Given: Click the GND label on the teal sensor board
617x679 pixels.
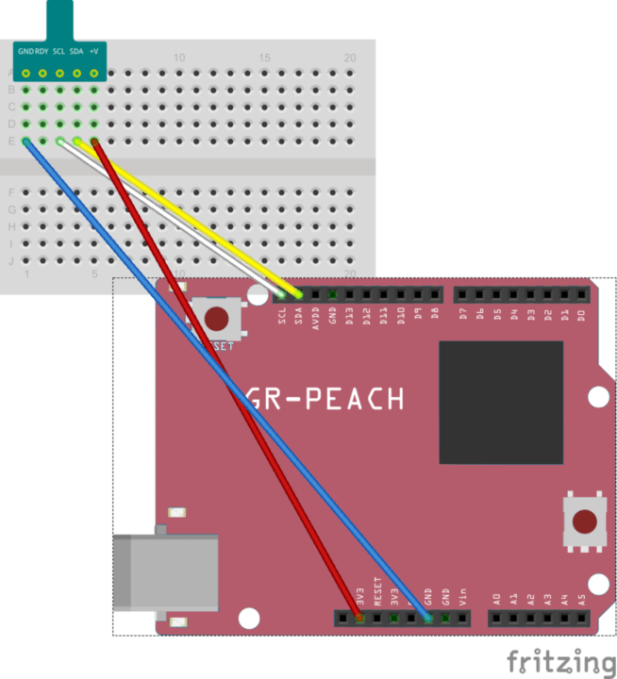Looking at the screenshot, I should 25,50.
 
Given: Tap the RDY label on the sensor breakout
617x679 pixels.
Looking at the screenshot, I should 42,50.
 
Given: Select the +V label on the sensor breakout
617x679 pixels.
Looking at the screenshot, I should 94,50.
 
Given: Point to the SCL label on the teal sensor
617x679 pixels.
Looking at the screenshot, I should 58,50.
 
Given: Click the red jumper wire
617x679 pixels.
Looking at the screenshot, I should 226,377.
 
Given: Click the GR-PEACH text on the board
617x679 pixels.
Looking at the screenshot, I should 325,399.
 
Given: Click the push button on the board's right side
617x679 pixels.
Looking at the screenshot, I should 585,522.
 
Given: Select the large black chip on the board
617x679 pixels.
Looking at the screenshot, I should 501,403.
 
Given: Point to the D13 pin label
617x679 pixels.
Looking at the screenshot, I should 350,315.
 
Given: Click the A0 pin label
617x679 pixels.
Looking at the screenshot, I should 497,597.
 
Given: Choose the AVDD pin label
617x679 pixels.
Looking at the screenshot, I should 316,316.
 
